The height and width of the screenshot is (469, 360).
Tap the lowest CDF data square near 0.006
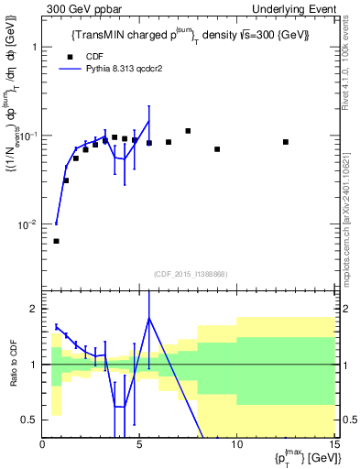(x=57, y=241)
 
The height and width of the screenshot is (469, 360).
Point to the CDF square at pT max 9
(x=217, y=149)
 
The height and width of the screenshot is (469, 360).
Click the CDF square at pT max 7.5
(x=188, y=131)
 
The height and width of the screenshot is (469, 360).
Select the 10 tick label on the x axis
(x=236, y=445)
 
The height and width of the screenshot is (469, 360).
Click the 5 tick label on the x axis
(x=139, y=445)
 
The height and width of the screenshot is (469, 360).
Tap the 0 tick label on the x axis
(x=43, y=445)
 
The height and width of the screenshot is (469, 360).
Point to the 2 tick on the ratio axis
(x=34, y=309)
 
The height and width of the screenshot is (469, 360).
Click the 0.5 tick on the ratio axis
(x=30, y=420)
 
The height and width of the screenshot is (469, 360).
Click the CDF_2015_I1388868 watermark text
(x=189, y=275)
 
